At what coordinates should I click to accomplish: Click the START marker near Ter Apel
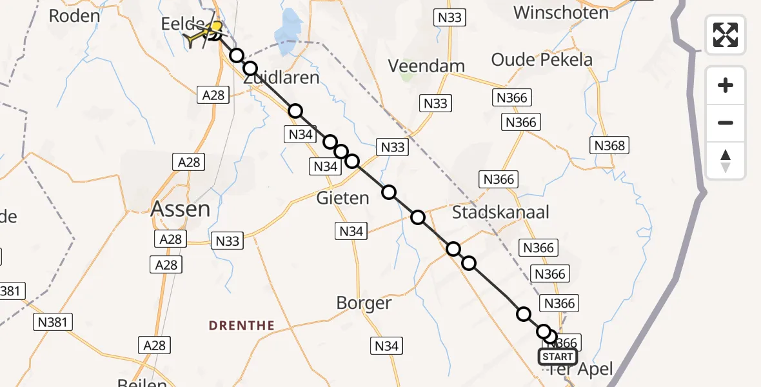[x=558, y=357]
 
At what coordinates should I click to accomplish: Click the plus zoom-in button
[x=726, y=85]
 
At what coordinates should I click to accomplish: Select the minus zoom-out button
[x=726, y=123]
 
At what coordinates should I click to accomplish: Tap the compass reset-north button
[x=726, y=161]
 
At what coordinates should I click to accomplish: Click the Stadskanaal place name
[x=500, y=212]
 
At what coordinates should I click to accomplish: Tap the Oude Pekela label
[x=542, y=60]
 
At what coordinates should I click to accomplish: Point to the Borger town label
[x=364, y=303]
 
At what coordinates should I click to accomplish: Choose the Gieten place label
[x=342, y=198]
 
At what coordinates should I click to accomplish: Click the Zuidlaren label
[x=281, y=78]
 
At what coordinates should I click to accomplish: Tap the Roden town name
[x=74, y=16]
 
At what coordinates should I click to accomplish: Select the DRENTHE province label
[x=242, y=326]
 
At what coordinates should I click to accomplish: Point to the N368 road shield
[x=609, y=146]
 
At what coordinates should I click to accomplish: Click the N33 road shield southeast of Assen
[x=227, y=241]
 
